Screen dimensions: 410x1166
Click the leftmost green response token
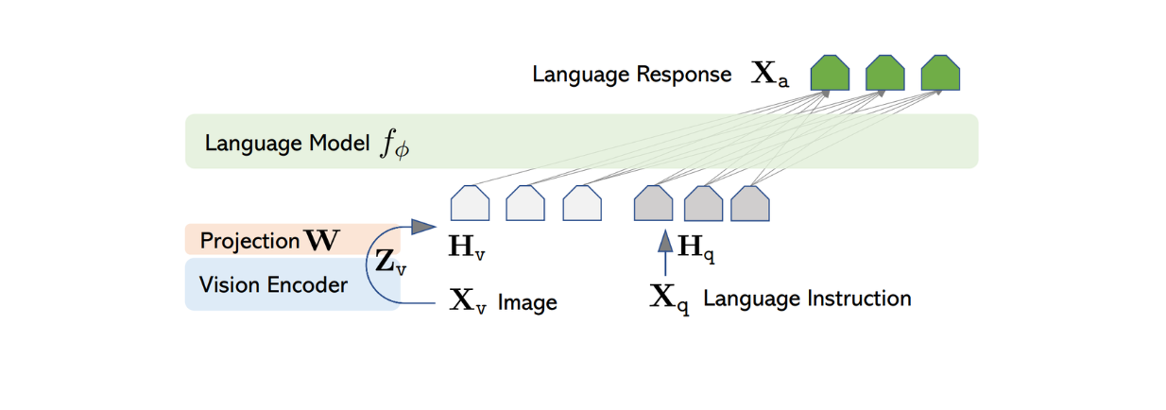pyautogui.click(x=830, y=74)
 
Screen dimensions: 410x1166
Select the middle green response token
pyautogui.click(x=885, y=74)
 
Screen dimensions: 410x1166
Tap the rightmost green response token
pyautogui.click(x=940, y=74)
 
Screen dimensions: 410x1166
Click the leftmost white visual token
pyautogui.click(x=470, y=204)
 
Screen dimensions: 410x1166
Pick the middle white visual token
pyautogui.click(x=525, y=204)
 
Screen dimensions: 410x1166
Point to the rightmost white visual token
pyautogui.click(x=582, y=204)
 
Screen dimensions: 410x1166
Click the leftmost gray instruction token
pyautogui.click(x=653, y=204)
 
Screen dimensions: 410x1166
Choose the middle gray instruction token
pyautogui.click(x=703, y=204)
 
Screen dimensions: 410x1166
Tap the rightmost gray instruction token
pyautogui.click(x=750, y=204)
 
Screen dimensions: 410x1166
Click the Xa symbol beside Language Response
pyautogui.click(x=769, y=75)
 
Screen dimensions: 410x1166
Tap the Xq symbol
pyautogui.click(x=670, y=299)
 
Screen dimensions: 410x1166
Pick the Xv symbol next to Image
pyautogui.click(x=467, y=301)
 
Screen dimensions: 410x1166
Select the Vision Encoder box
pyautogui.click(x=274, y=283)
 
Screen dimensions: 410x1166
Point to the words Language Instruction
pyautogui.click(x=807, y=299)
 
